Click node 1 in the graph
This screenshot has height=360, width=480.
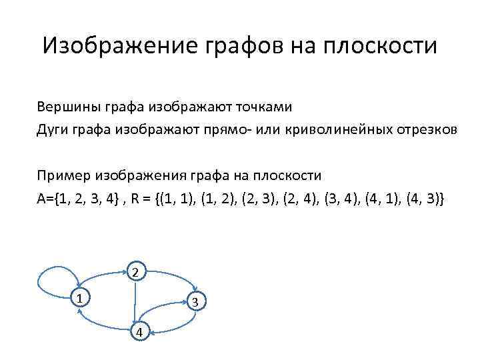pyautogui.click(x=79, y=298)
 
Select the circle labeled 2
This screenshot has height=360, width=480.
pyautogui.click(x=135, y=272)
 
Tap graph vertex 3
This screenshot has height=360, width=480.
pyautogui.click(x=195, y=303)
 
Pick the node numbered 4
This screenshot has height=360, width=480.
pyautogui.click(x=139, y=333)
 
